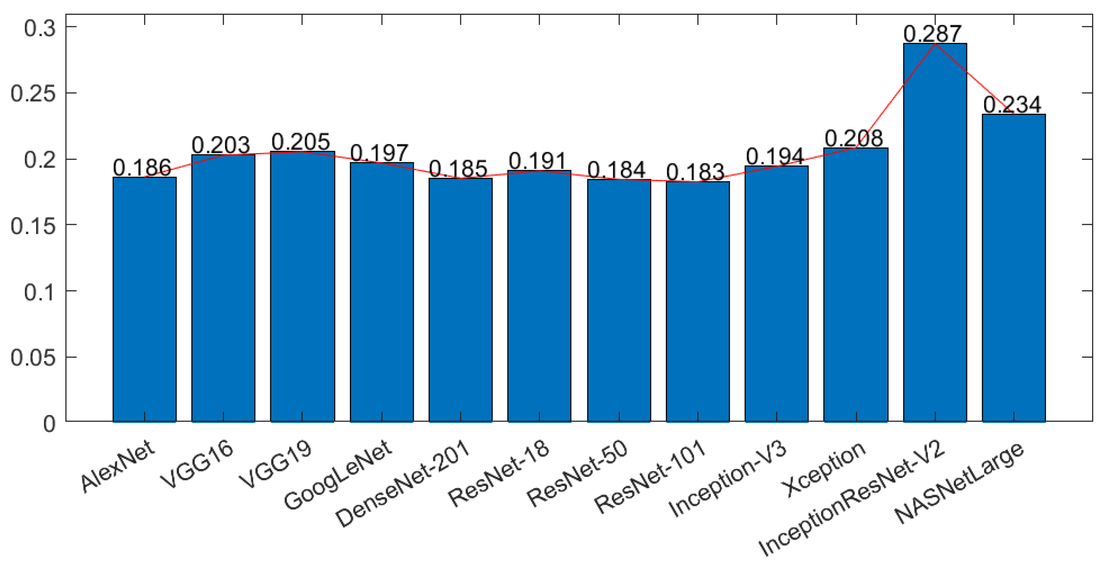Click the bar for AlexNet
[144, 300]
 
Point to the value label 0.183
[695, 172]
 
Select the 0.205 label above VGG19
[301, 142]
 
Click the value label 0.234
[1012, 105]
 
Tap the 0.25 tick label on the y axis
[33, 93]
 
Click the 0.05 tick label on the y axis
[33, 357]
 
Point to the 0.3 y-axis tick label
[39, 28]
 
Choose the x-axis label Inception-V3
[727, 479]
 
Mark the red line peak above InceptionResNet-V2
[935, 44]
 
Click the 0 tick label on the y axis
[49, 424]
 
